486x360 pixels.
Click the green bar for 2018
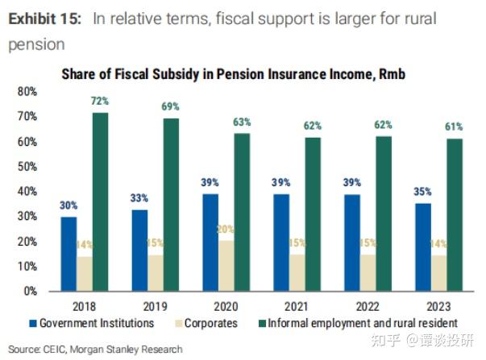point(100,201)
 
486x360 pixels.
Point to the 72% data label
point(100,102)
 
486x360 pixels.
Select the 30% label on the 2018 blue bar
point(68,205)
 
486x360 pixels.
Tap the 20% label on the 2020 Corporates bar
point(226,229)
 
